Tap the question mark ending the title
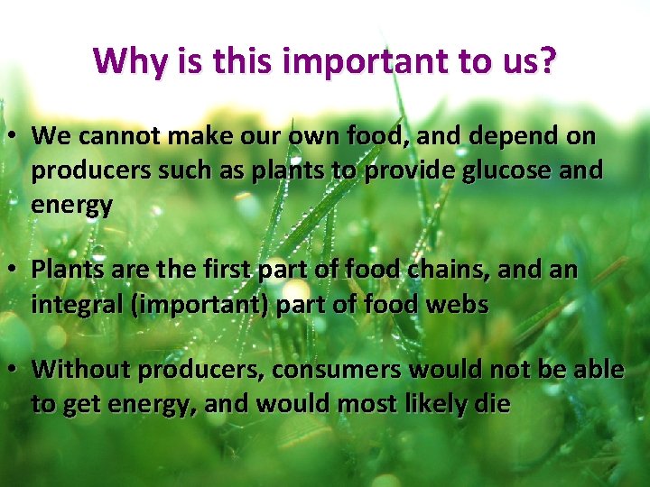point(547,61)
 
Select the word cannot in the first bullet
point(113,136)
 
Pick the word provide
point(408,170)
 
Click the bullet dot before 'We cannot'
point(15,137)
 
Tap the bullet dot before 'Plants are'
point(15,270)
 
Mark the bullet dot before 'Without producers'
point(15,370)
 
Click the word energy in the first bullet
point(71,205)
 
